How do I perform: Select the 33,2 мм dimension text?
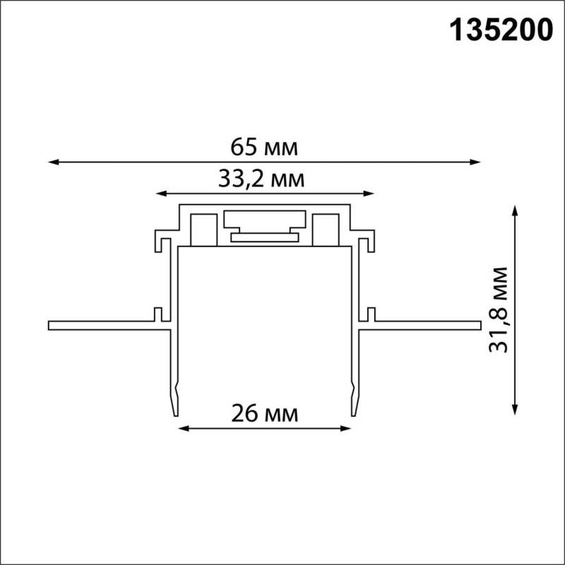click(261, 179)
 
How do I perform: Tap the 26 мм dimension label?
click(264, 412)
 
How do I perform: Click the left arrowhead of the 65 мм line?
click(52, 162)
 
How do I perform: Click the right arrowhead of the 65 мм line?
click(477, 162)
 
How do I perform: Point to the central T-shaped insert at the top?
click(264, 225)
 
